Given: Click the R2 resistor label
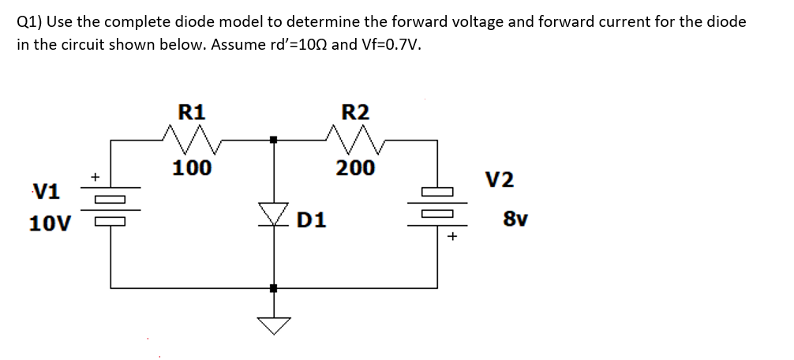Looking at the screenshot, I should coord(352,111).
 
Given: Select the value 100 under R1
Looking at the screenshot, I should coord(192,167).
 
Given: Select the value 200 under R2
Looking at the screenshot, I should coord(355,167).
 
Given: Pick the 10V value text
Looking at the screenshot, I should coord(47,223).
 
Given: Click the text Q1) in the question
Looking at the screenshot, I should coord(29,21).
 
